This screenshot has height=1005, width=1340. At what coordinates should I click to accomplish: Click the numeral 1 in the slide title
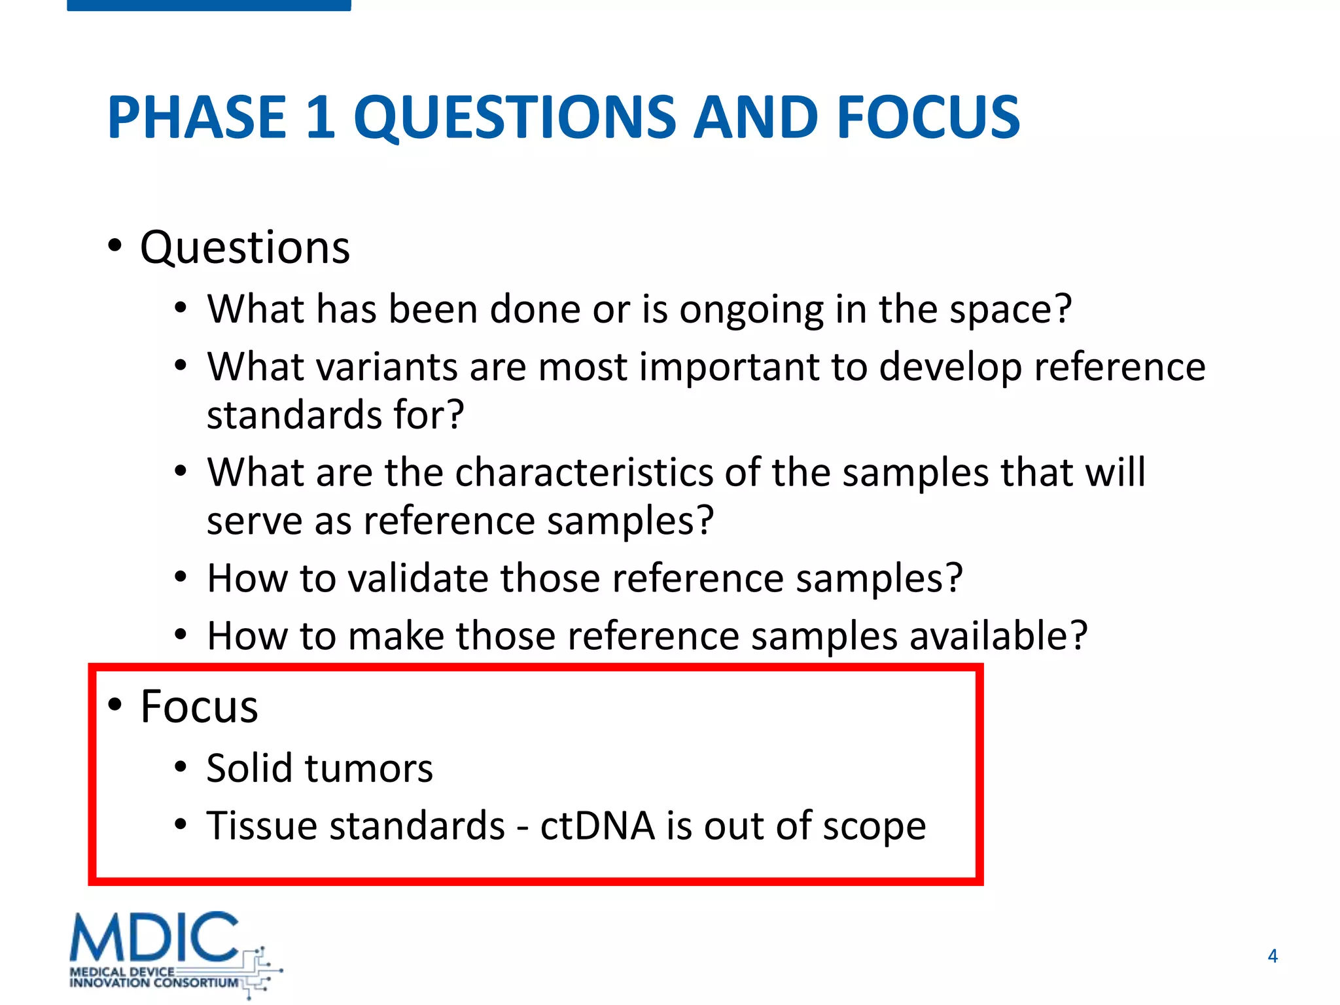(321, 118)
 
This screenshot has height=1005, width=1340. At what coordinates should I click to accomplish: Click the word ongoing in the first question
(751, 309)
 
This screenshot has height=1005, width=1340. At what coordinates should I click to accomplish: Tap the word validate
(417, 578)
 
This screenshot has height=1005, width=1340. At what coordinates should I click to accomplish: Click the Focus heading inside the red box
(199, 707)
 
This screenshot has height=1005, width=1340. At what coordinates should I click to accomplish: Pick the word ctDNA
(597, 826)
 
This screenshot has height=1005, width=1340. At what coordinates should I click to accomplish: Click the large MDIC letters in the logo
(154, 937)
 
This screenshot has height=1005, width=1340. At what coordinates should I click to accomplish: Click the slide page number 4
(1272, 956)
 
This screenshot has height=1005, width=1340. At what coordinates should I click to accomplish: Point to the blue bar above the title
(209, 5)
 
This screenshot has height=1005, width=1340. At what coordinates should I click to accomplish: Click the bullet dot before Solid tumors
(181, 767)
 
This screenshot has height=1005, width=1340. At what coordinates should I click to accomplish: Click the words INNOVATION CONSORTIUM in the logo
(154, 983)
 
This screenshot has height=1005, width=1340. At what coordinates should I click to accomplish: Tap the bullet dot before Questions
(115, 247)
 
